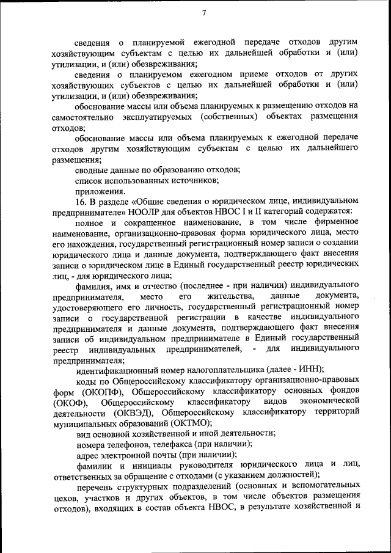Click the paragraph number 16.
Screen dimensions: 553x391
click(81, 200)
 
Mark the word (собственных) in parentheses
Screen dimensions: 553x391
click(238, 117)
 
